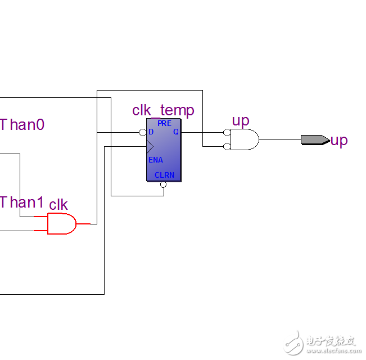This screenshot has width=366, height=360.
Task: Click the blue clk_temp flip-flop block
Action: [x=164, y=150]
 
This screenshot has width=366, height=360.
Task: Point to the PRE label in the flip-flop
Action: [x=164, y=123]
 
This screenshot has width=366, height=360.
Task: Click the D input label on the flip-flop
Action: [x=151, y=132]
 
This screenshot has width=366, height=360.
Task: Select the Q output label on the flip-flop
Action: [x=175, y=132]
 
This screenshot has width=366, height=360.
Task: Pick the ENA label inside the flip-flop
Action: [x=156, y=160]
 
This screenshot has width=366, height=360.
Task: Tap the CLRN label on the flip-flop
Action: [x=164, y=175]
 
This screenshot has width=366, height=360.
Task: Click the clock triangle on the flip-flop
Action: [x=150, y=147]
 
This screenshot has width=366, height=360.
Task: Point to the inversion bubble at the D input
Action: [x=143, y=133]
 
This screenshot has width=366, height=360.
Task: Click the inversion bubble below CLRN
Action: [x=164, y=184]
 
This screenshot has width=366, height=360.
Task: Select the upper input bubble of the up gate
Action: [x=227, y=133]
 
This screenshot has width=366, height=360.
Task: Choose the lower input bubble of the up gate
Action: [x=227, y=146]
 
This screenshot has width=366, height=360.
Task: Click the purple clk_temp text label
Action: [x=163, y=110]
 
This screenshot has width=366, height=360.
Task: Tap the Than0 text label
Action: [x=22, y=124]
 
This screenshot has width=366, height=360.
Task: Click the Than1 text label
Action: [x=22, y=202]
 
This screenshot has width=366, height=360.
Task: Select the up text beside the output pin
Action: [x=339, y=140]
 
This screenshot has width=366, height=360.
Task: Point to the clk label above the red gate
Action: [x=58, y=205]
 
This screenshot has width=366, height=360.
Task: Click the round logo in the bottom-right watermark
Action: [x=293, y=342]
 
